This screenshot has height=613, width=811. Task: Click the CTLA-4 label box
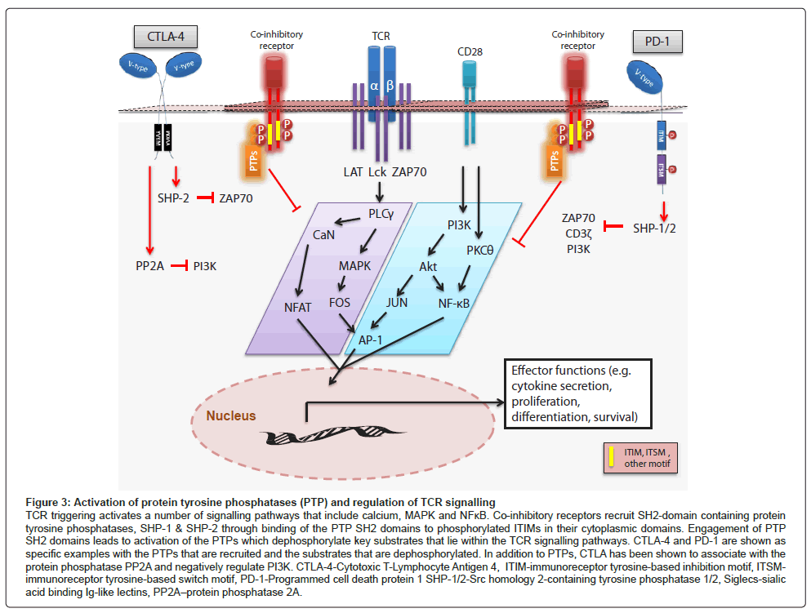click(x=166, y=36)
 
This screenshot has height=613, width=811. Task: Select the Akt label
click(x=430, y=266)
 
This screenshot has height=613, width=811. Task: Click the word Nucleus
click(x=231, y=415)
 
